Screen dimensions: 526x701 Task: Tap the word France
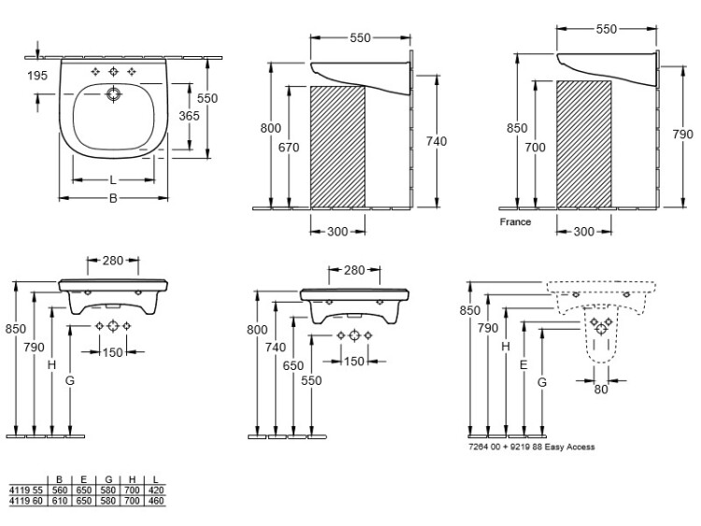coord(515,222)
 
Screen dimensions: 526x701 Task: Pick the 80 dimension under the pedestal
coord(600,390)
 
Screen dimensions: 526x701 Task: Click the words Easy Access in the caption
coord(568,448)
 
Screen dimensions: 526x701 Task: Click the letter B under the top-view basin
coord(113,198)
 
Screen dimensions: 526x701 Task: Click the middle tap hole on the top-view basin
coord(113,72)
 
